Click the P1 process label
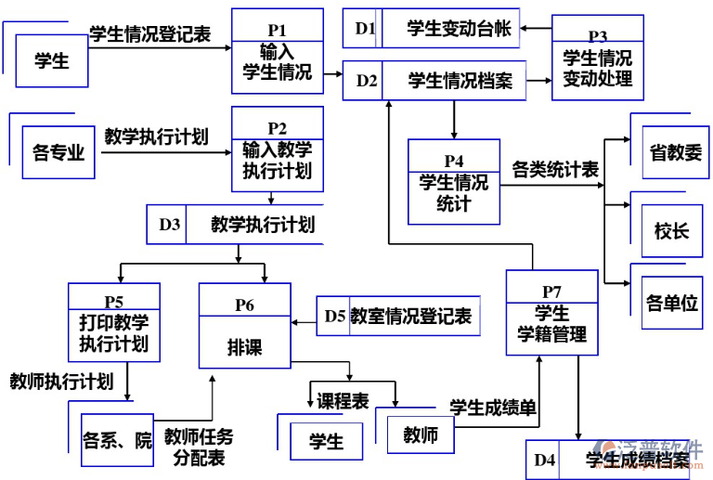click(x=277, y=30)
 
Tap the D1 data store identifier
click(x=365, y=30)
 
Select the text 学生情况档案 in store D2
click(x=460, y=82)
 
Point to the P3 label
click(x=597, y=36)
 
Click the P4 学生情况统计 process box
click(x=453, y=182)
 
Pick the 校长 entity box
click(x=671, y=230)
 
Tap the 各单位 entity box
click(x=671, y=303)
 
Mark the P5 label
click(x=113, y=302)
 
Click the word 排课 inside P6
click(x=244, y=347)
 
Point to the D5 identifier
click(x=334, y=317)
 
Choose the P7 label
click(x=551, y=292)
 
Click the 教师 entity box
click(x=420, y=435)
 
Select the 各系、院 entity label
click(x=117, y=440)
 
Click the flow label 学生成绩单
click(x=492, y=406)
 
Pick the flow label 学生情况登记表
click(x=149, y=35)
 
